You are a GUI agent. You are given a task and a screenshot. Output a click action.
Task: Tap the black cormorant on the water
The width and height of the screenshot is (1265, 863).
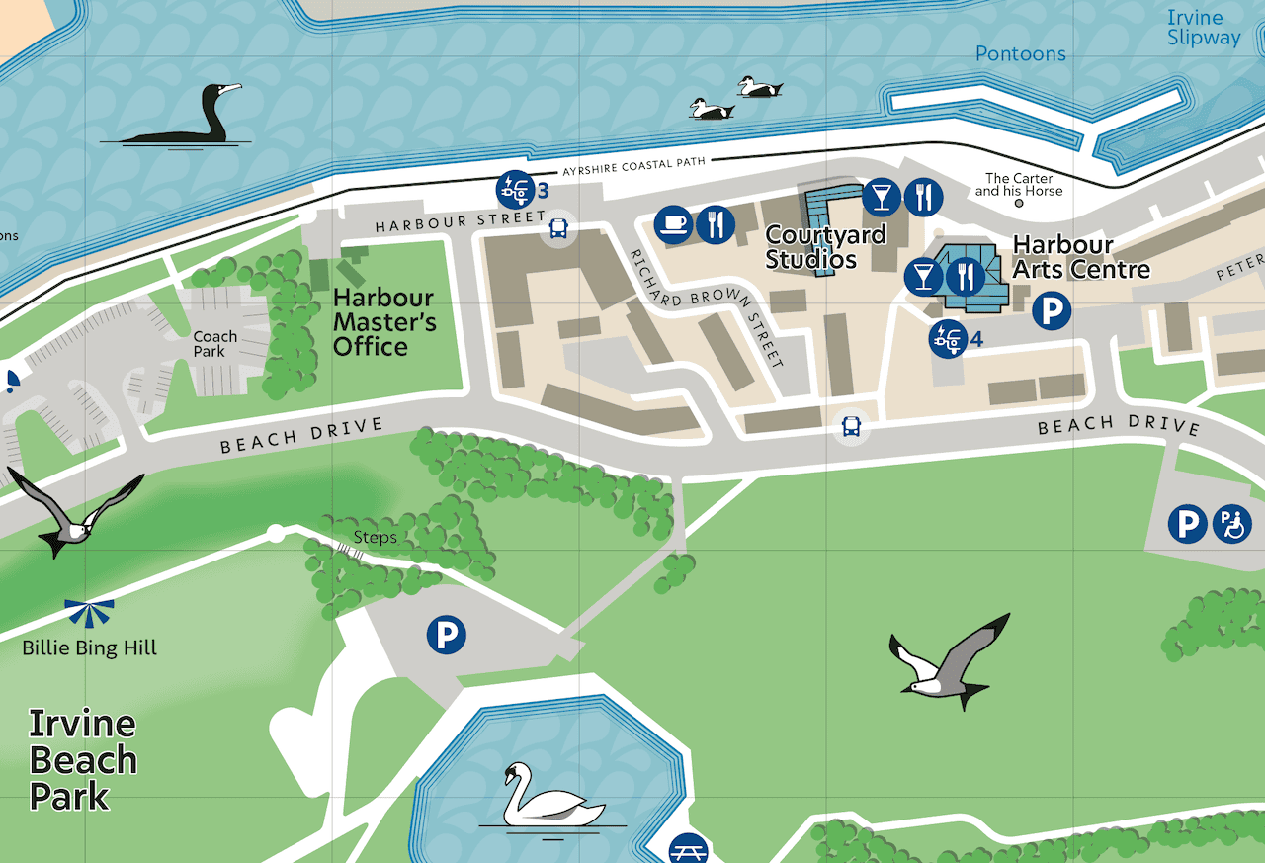click(187, 116)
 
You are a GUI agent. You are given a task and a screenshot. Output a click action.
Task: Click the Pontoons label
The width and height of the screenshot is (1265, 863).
click(1020, 53)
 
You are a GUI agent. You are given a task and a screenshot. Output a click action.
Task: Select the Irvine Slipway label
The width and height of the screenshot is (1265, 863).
click(1203, 28)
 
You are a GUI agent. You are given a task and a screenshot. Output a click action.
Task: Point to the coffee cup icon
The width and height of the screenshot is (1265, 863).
click(674, 224)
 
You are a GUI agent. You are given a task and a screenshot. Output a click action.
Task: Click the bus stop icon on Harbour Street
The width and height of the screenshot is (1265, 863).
click(558, 230)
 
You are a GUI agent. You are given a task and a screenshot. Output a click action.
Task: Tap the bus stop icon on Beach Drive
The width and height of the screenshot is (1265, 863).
click(851, 427)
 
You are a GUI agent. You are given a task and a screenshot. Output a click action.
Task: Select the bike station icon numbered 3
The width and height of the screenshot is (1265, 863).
click(512, 187)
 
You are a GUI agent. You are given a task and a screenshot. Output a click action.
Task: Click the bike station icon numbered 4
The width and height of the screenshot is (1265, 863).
click(947, 338)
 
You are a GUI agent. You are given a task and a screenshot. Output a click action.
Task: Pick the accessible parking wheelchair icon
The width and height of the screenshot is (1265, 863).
click(1232, 523)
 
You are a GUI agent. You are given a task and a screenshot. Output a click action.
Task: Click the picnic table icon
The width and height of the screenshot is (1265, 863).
click(688, 850)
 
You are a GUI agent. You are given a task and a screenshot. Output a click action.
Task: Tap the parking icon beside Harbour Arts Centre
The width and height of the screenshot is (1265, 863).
click(1052, 312)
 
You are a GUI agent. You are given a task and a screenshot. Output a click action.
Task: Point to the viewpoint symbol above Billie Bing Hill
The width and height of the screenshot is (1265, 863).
click(90, 613)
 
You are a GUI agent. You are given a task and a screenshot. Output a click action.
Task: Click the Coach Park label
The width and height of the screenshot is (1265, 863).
click(215, 344)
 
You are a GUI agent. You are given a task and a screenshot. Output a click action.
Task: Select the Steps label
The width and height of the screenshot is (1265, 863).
click(376, 538)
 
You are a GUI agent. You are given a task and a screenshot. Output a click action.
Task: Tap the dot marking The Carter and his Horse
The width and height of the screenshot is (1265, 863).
click(1019, 203)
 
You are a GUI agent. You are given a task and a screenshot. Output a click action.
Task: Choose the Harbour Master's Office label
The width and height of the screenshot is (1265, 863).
click(383, 322)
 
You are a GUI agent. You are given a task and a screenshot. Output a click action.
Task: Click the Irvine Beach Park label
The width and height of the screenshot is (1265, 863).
click(83, 759)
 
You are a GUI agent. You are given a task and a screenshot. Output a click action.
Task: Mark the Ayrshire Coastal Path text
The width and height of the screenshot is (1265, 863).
click(633, 166)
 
